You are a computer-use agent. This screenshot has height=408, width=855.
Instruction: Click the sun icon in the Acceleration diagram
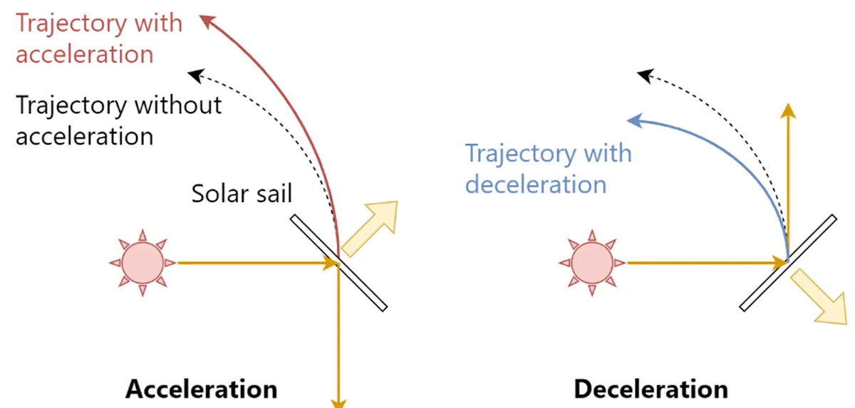[x=142, y=263]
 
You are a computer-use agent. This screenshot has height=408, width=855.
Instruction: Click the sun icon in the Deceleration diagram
[x=591, y=263]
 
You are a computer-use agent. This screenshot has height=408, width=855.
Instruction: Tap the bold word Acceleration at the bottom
[x=202, y=389]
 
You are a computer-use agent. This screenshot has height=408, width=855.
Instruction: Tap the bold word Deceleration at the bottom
[x=651, y=389]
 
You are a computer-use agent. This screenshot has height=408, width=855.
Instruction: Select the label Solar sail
[x=242, y=194]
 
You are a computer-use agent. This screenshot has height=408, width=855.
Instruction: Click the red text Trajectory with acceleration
[x=98, y=38]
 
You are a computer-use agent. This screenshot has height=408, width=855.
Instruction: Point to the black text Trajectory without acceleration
[x=118, y=120]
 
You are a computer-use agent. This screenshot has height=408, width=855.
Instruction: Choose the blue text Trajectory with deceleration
[x=548, y=169]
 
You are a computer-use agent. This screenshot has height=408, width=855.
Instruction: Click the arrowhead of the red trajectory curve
[x=207, y=21]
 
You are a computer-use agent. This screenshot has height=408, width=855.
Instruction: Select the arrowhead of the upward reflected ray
[x=787, y=110]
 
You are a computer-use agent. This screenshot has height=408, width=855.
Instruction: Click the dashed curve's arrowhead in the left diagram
[x=194, y=73]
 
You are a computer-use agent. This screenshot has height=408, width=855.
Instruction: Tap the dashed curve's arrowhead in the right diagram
[x=643, y=73]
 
